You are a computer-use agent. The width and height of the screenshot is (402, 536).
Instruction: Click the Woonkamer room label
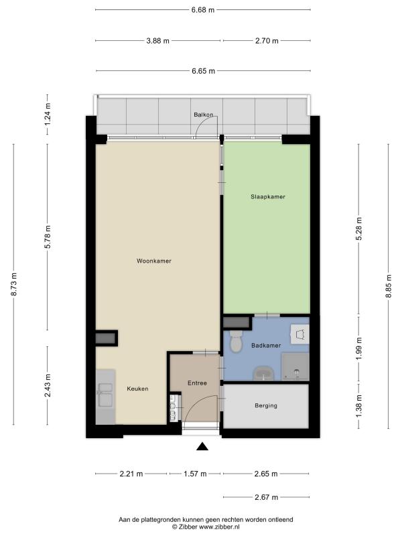(154, 261)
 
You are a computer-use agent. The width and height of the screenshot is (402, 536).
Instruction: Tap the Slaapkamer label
(268, 196)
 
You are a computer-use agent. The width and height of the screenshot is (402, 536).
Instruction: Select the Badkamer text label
(266, 345)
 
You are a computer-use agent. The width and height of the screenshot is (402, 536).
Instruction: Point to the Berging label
(266, 405)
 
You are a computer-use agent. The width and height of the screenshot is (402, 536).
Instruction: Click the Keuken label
(138, 389)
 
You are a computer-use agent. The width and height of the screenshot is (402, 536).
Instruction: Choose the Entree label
(197, 383)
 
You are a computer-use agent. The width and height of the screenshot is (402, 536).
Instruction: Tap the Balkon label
(204, 115)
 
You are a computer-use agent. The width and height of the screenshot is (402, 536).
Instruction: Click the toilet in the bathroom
(236, 341)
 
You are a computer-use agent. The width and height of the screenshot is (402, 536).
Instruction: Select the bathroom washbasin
(263, 374)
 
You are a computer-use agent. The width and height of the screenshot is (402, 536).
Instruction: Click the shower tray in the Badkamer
(295, 366)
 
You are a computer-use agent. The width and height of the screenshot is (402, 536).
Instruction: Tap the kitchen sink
(105, 395)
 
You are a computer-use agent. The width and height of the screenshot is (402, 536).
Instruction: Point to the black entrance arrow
(202, 446)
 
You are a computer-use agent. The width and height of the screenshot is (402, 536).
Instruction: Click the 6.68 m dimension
(203, 10)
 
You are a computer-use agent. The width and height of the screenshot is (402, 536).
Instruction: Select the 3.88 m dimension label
(158, 41)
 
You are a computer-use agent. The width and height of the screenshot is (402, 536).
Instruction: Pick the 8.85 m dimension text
(389, 286)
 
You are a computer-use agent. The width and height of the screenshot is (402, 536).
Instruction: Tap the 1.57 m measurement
(195, 474)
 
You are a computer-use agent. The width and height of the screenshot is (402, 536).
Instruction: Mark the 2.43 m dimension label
(48, 386)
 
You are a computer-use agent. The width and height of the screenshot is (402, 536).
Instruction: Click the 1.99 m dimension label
(358, 348)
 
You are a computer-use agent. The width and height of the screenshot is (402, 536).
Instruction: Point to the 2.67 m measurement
(266, 497)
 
